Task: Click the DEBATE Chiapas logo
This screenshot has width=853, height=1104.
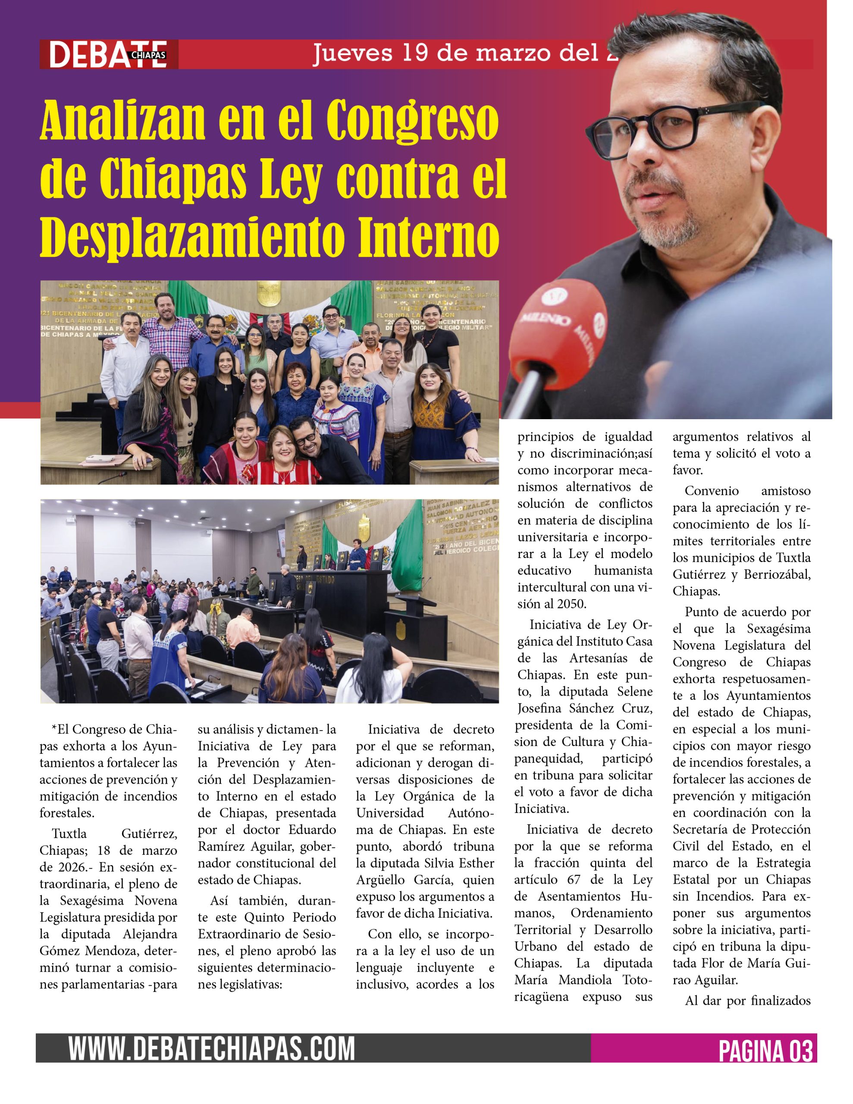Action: pyautogui.click(x=108, y=55)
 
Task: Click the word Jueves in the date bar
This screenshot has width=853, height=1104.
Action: pyautogui.click(x=352, y=52)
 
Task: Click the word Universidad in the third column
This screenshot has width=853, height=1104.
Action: pyautogui.click(x=389, y=813)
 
